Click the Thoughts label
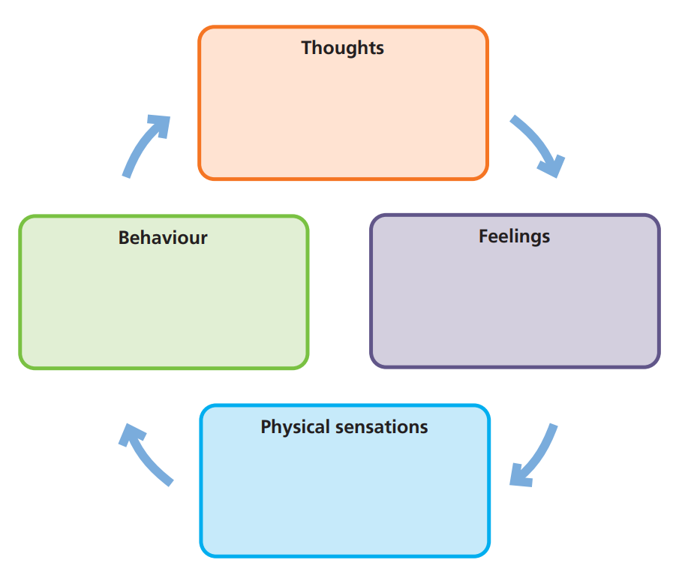click(342, 48)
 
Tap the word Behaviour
click(163, 238)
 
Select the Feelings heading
click(514, 236)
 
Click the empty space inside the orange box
click(343, 120)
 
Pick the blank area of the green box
click(163, 308)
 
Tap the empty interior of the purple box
click(515, 308)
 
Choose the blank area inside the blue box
click(344, 499)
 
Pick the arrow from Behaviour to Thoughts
click(143, 146)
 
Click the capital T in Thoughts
click(307, 48)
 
